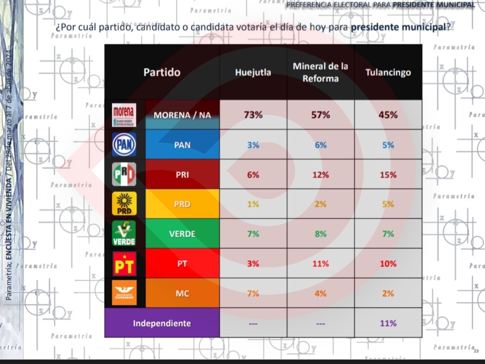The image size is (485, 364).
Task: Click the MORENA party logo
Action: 124,115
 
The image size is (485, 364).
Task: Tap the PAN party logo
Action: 124,145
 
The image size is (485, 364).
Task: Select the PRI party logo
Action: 124,174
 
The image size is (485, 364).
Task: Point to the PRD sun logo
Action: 124,204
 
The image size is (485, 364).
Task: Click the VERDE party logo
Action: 124,234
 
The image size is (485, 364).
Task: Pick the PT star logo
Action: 124,264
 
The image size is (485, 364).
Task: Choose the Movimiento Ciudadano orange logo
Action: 124,294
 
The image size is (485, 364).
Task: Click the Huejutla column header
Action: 253,72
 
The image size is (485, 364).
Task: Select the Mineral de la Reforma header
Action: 320,72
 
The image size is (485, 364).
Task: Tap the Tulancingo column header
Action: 388,72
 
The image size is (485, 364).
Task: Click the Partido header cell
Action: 162,72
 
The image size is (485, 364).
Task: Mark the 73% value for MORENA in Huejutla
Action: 253,115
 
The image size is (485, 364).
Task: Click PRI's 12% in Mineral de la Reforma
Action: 320,175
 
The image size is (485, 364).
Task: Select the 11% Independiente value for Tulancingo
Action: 388,323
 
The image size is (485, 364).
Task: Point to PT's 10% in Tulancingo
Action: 388,264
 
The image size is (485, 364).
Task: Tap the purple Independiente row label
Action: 162,323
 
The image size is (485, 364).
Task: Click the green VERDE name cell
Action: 182,234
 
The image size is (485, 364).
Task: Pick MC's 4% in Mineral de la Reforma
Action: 320,294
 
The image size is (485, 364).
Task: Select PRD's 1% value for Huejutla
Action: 253,204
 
